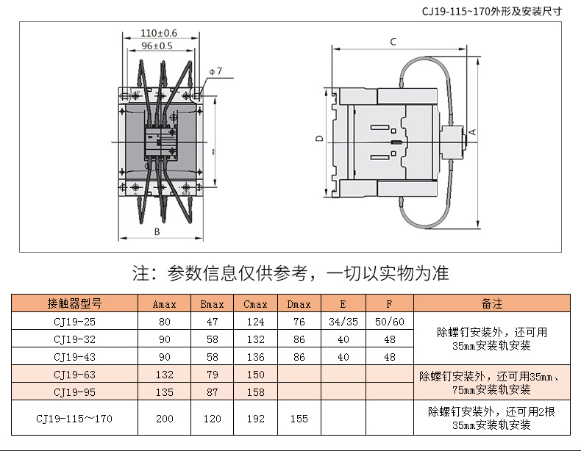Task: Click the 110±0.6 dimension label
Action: point(158,34)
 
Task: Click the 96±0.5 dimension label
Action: point(157,46)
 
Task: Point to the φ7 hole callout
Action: point(215,71)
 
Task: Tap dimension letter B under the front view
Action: point(157,231)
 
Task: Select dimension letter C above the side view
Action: point(393,42)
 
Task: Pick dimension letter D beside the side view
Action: point(318,138)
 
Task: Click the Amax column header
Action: point(165,303)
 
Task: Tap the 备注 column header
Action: point(491,303)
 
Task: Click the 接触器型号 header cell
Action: point(74,303)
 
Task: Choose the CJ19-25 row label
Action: point(74,322)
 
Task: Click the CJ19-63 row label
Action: point(74,375)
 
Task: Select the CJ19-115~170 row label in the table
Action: point(74,419)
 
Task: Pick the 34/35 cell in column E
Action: point(343,322)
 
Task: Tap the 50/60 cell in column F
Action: point(390,322)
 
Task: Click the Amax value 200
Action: point(165,419)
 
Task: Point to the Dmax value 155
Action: point(298,419)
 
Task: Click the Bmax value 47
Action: point(212,322)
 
